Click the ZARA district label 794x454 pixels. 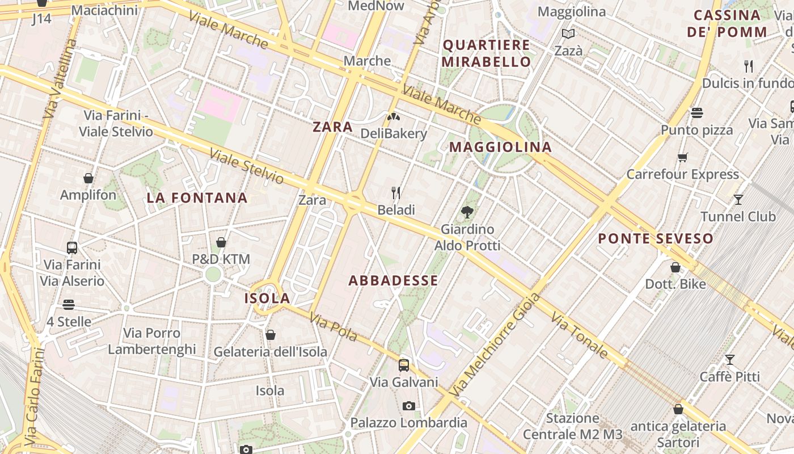pos(333,127)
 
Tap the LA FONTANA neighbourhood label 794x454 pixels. pos(197,198)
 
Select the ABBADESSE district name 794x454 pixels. pos(393,280)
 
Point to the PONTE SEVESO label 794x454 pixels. pos(656,239)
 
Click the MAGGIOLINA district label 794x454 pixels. pos(500,148)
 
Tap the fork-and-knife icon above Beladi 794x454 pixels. pos(396,194)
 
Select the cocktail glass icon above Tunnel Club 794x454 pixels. pos(738,200)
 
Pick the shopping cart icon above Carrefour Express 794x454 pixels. pos(682,157)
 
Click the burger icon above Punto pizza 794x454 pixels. pos(697,113)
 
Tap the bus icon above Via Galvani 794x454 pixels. pos(404,365)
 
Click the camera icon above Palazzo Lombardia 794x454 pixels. pos(408,406)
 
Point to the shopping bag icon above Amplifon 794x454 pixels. pos(88,178)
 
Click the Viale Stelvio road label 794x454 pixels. pos(246,166)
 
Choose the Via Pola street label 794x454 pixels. pos(333,329)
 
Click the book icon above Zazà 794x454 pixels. pos(568,34)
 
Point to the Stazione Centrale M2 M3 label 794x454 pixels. pos(572,427)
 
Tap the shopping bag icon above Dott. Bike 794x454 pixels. pos(675,267)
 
